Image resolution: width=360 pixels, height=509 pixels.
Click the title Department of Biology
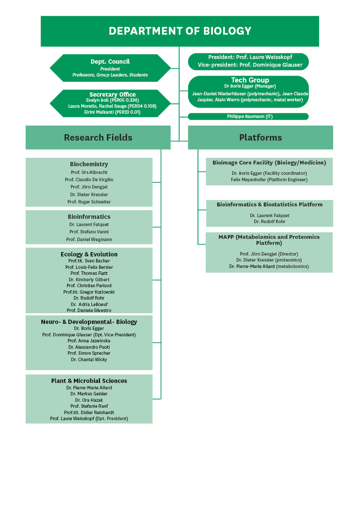pyautogui.click(x=180, y=31)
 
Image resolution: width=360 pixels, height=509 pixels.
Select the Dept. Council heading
pyautogui.click(x=110, y=62)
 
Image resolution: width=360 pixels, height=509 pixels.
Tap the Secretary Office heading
pyautogui.click(x=112, y=94)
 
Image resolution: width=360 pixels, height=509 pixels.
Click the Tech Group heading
pyautogui.click(x=250, y=80)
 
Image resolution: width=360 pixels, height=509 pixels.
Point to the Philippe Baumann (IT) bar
pyautogui.click(x=248, y=117)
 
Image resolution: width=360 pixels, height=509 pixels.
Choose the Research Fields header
pyautogui.click(x=98, y=138)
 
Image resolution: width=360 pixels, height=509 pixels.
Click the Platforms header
pyautogui.click(x=260, y=138)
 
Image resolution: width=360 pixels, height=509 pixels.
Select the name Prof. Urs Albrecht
pyautogui.click(x=89, y=172)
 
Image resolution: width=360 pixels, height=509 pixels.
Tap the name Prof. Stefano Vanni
pyautogui.click(x=89, y=232)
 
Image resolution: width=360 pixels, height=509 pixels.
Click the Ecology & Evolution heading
pyautogui.click(x=89, y=254)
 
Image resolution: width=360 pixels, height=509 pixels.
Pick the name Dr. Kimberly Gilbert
pyautogui.click(x=89, y=280)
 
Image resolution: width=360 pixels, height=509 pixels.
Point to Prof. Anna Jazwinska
pyautogui.click(x=89, y=341)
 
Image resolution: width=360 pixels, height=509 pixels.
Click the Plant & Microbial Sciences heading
pyautogui.click(x=89, y=381)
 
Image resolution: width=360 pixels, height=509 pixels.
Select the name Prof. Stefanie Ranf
pyautogui.click(x=89, y=406)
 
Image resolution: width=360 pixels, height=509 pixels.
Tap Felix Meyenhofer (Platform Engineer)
pyautogui.click(x=269, y=179)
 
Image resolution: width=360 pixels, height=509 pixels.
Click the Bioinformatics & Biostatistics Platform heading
pyautogui.click(x=270, y=205)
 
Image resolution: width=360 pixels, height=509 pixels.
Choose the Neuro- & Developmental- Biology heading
pyautogui.click(x=89, y=322)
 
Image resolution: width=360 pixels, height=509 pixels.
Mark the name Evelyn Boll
pyautogui.click(x=97, y=100)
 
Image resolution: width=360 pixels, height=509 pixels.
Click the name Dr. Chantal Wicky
pyautogui.click(x=89, y=360)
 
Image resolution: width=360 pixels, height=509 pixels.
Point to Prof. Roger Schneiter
pyautogui.click(x=89, y=202)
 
